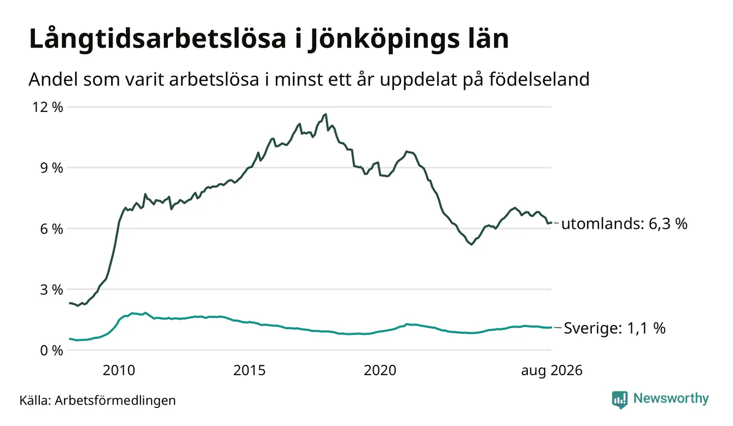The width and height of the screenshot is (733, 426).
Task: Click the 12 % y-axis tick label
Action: pos(47,107)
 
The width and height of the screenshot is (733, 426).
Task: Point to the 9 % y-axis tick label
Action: pos(51,168)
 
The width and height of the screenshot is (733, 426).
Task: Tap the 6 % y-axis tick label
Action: pos(51,229)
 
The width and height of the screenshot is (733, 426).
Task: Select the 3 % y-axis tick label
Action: pos(51,290)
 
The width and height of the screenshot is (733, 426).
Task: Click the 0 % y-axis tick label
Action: pos(51,351)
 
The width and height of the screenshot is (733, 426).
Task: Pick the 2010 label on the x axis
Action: pos(119,370)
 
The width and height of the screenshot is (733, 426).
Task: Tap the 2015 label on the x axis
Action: pos(249,370)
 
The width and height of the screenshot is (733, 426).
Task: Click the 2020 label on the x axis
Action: pos(380,370)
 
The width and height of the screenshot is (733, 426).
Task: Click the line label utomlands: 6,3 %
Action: pos(624,224)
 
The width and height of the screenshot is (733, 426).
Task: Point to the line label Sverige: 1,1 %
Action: pos(614,328)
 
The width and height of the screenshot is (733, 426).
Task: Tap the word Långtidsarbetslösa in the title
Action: pos(158,39)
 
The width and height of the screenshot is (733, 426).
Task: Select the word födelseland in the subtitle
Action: pos(539,79)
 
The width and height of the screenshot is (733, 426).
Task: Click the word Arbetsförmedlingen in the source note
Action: pos(115,401)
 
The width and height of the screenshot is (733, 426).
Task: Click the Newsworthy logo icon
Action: pos(620,400)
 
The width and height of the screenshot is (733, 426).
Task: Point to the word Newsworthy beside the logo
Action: pos(671,399)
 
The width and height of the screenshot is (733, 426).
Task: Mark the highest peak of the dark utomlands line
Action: pos(325,114)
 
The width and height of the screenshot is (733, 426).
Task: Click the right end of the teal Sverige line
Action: pos(551,327)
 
